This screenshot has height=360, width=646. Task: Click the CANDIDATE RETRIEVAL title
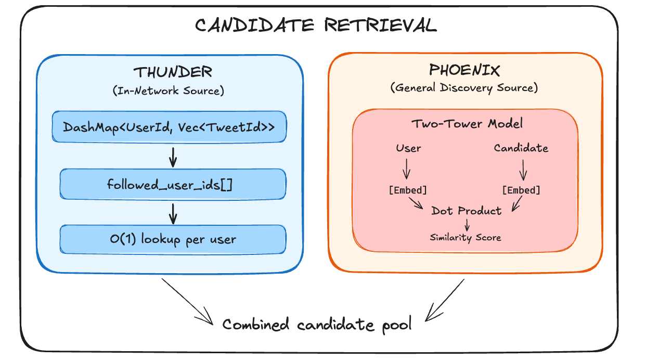pyautogui.click(x=316, y=25)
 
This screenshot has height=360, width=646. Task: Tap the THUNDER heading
pyautogui.click(x=173, y=72)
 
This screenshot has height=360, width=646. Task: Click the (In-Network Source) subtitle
pyautogui.click(x=168, y=91)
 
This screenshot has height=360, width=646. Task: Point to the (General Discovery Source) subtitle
pyautogui.click(x=464, y=87)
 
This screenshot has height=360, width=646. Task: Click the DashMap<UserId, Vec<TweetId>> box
pyautogui.click(x=170, y=126)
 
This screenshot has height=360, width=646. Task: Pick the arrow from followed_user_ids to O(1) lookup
pyautogui.click(x=173, y=212)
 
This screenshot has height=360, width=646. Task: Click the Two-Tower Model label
pyautogui.click(x=467, y=124)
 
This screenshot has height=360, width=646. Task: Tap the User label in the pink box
pyautogui.click(x=408, y=148)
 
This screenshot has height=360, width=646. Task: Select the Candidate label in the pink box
pyautogui.click(x=521, y=148)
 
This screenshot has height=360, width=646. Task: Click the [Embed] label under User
pyautogui.click(x=408, y=190)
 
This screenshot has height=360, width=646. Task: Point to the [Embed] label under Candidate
pyautogui.click(x=521, y=190)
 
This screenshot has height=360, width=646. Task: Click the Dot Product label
pyautogui.click(x=467, y=211)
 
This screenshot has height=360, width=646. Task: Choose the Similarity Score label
pyautogui.click(x=466, y=238)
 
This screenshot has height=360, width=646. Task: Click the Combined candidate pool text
pyautogui.click(x=317, y=325)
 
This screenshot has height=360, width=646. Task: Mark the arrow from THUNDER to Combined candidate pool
pyautogui.click(x=188, y=302)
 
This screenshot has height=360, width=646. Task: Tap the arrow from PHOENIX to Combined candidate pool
pyautogui.click(x=444, y=301)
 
